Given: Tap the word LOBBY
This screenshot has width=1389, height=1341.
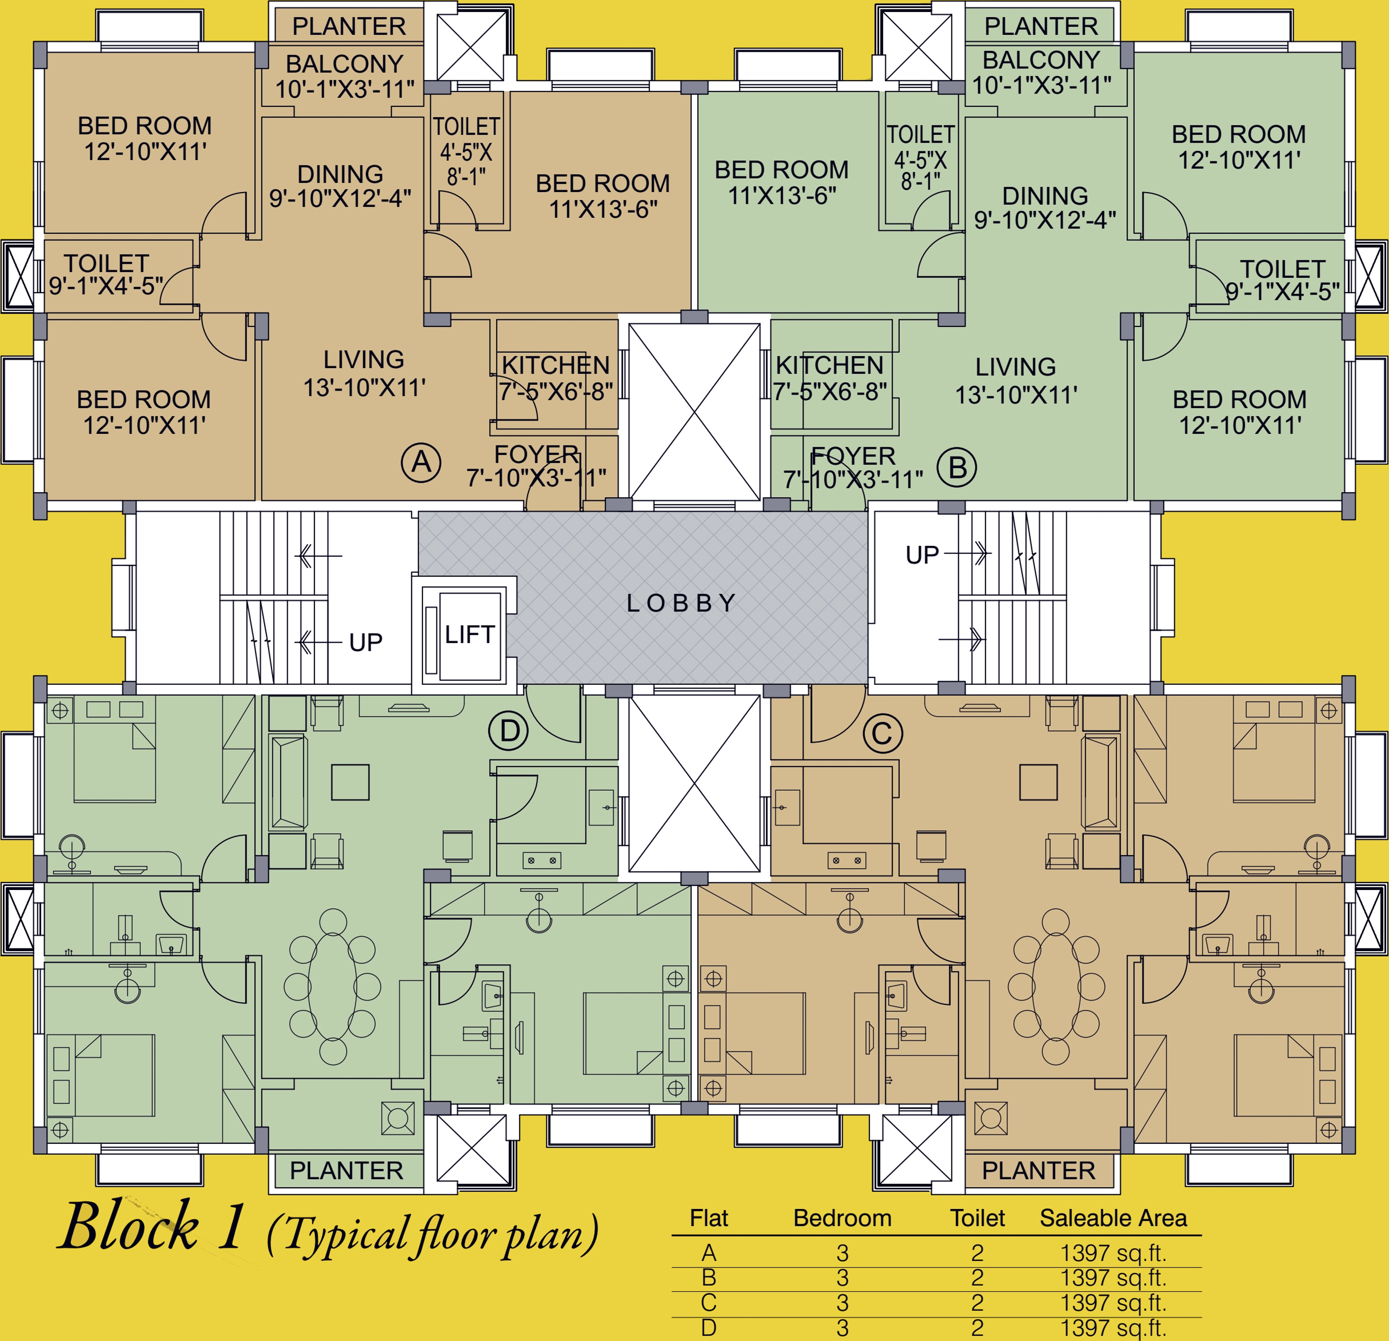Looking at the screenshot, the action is [x=681, y=603].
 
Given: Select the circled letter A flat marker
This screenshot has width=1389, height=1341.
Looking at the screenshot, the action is [x=421, y=463].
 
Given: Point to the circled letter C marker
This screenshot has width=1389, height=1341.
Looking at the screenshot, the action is [x=882, y=733].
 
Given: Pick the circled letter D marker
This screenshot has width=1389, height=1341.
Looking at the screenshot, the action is [x=510, y=731].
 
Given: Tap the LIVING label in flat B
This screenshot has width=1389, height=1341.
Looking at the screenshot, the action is [x=1015, y=367].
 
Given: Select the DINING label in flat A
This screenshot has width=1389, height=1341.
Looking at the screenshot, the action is [x=340, y=175].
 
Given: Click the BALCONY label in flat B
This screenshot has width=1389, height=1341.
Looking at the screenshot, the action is [x=1041, y=60].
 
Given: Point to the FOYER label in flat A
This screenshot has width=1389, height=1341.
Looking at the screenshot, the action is [x=537, y=454].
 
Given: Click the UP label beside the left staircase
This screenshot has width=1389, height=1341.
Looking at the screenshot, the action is [x=366, y=643].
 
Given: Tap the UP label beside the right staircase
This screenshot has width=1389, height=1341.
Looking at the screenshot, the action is [x=922, y=555].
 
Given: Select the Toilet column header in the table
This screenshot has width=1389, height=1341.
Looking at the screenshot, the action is [x=977, y=1218].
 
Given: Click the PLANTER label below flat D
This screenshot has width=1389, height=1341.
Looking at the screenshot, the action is [x=346, y=1170].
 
